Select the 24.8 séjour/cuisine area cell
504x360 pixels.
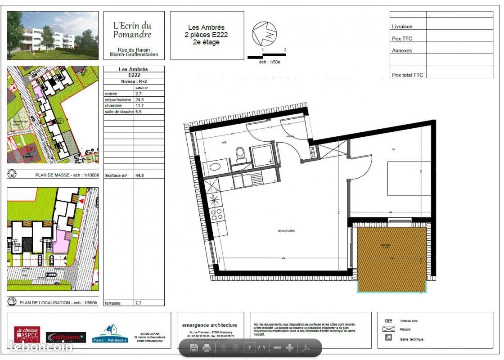pos(139,100)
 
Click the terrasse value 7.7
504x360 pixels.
pos(138,303)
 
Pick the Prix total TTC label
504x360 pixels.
pos(407,75)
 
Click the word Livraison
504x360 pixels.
pos(402,27)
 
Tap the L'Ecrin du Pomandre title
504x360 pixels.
pos(132,30)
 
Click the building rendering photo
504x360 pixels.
pos(53,36)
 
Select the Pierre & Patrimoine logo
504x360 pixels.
pos(110,334)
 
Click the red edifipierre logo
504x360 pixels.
pos(66,337)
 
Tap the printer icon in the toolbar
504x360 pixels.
pos(207,348)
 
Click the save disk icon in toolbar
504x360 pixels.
pos(194,348)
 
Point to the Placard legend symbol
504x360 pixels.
pos(388,329)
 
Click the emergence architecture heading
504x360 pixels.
pos(209,325)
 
